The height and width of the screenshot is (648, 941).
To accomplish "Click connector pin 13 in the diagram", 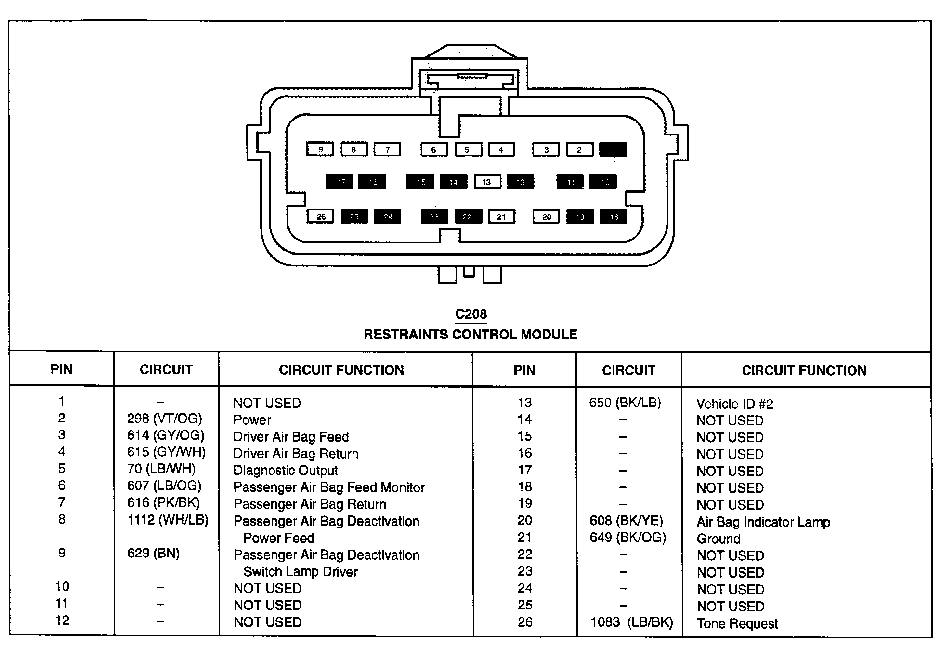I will coord(487,182).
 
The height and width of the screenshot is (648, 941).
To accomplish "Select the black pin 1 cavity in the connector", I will coord(613,149).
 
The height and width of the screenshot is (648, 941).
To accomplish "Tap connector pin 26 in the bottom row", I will coord(321,216).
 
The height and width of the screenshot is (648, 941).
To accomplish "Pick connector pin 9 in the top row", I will coord(320,149).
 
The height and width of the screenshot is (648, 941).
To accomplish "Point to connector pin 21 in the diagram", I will coord(501,216).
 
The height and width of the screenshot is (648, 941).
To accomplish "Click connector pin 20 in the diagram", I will coord(546,216).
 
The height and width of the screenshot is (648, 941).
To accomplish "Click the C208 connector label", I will coord(470,314).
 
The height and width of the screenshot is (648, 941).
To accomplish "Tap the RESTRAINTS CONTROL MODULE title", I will coord(470,335).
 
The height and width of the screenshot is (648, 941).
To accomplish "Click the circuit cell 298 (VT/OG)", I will coord(164,418).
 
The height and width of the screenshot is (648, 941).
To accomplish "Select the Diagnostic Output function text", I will coord(286,470).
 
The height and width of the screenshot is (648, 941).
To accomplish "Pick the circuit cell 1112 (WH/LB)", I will coord(168,520).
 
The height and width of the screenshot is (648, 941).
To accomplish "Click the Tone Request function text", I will coord(737,623).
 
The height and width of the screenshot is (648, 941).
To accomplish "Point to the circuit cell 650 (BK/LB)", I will coord(625,403).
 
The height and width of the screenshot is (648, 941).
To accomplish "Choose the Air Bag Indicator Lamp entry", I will coord(763,522).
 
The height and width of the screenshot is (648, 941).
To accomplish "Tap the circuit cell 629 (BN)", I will coord(153,553).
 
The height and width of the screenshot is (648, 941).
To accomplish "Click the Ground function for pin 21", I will coord(719,539).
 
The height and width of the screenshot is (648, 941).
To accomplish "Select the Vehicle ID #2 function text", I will coord(734,404).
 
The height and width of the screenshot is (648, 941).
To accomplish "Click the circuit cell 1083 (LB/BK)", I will coord(631,622).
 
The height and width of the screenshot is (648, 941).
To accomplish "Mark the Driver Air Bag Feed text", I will coord(291,437).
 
